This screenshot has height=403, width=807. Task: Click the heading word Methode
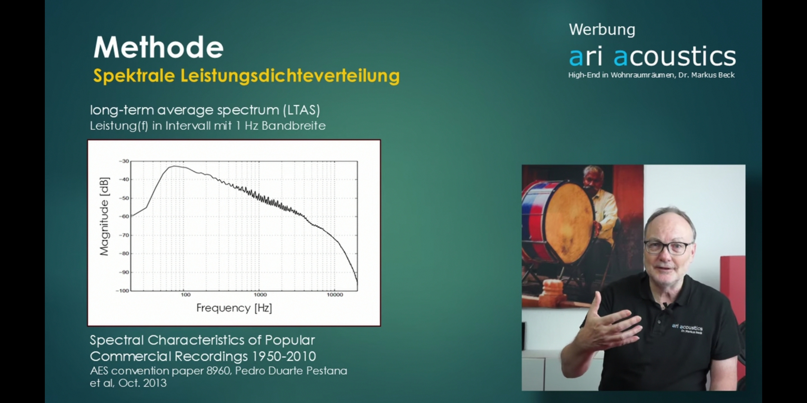158,47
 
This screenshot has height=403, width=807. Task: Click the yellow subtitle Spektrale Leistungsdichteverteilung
246,76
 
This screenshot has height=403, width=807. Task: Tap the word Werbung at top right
602,30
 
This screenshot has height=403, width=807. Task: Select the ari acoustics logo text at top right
652,56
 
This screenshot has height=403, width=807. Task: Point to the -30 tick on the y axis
124,161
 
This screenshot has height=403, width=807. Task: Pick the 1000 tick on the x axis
260,295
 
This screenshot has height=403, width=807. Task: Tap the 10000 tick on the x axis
335,295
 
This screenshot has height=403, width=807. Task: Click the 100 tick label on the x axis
186,295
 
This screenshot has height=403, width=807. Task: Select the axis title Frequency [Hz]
234,308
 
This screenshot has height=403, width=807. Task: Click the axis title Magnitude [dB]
104,216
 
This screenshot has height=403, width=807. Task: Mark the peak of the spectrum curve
174,166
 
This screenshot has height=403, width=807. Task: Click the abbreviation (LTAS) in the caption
301,110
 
